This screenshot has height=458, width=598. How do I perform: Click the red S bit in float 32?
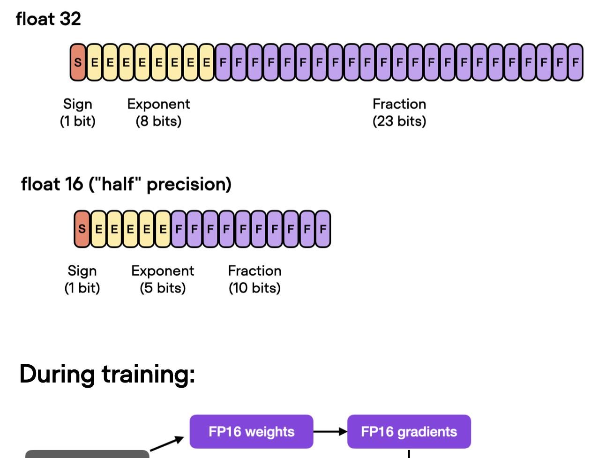click(78, 62)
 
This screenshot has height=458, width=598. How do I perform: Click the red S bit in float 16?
click(82, 229)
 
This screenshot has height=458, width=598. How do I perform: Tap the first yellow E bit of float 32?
click(94, 62)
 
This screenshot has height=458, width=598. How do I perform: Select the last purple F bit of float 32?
click(575, 62)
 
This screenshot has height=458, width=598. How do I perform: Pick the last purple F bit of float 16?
click(323, 229)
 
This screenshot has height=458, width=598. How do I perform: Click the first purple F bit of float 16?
click(179, 229)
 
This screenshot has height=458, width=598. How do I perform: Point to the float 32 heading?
click(48, 19)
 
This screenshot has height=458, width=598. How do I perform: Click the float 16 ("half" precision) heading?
click(126, 184)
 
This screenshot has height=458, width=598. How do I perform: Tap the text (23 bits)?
click(399, 121)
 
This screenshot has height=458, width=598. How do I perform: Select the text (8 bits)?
click(158, 121)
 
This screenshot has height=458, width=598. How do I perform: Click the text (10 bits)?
click(254, 288)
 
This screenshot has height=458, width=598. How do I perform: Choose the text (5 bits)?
click(163, 288)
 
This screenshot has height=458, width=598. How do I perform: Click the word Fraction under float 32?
click(399, 104)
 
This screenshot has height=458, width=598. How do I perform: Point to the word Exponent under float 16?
click(163, 271)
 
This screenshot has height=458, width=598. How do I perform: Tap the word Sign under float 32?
click(78, 104)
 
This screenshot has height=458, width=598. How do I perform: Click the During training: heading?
click(107, 374)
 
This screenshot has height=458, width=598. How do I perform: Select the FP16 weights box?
click(251, 432)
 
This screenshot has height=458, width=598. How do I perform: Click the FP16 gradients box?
click(409, 432)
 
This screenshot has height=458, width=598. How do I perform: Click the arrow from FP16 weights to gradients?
click(330, 432)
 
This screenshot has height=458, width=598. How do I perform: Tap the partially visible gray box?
click(87, 454)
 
